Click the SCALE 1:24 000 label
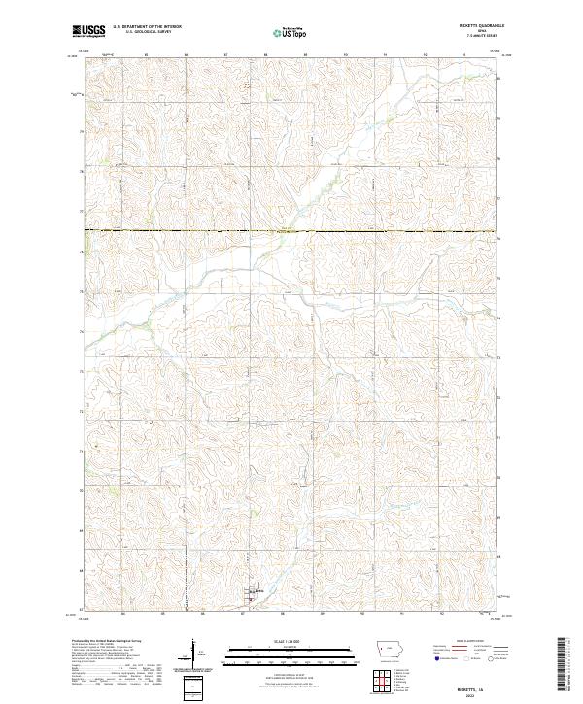tap(273, 641)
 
